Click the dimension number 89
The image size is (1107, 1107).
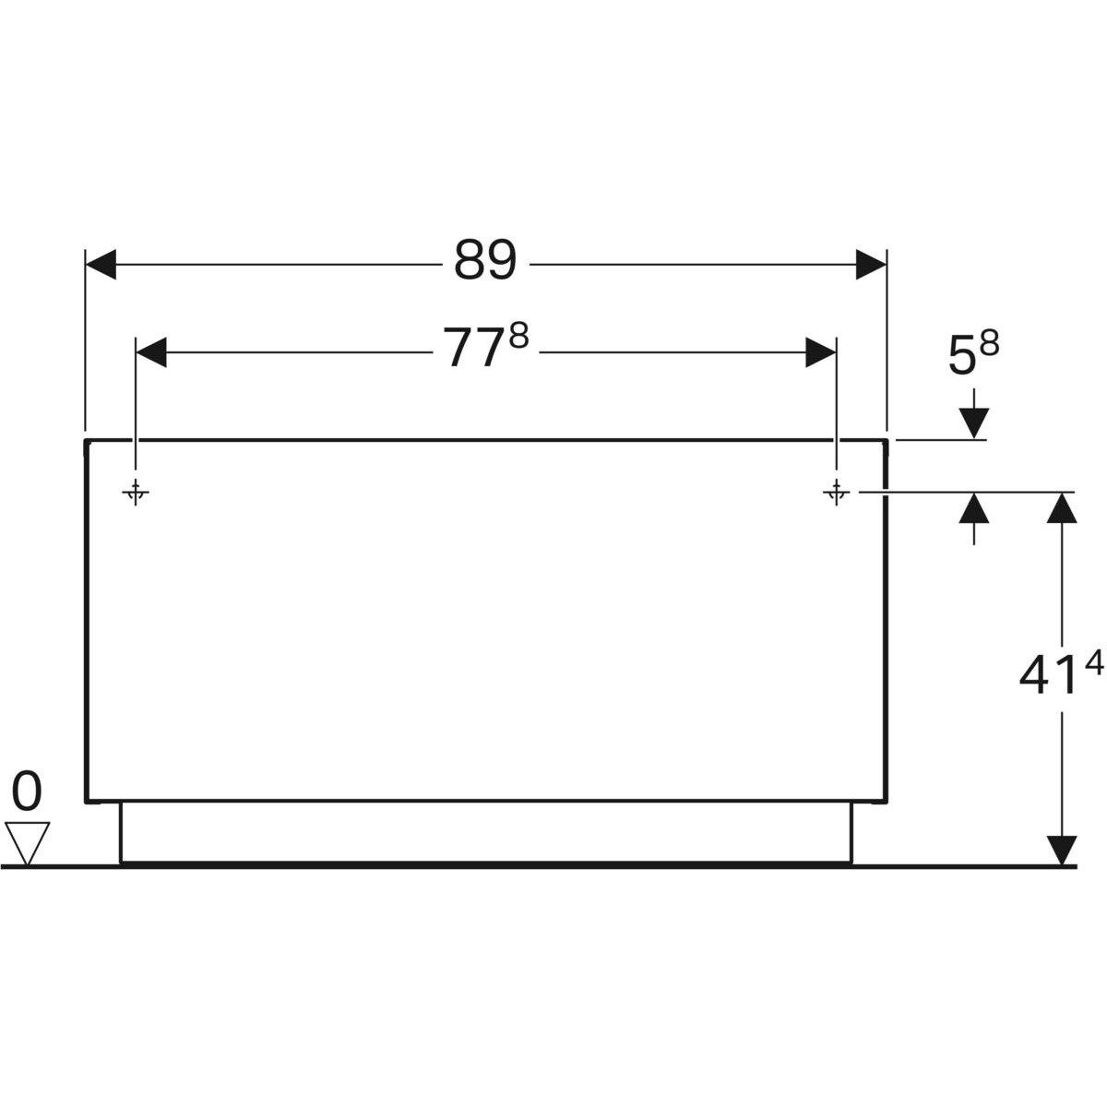[484, 262]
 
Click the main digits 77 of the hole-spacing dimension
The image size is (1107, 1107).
[473, 350]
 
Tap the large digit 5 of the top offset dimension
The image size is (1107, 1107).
[961, 358]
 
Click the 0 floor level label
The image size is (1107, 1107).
[28, 792]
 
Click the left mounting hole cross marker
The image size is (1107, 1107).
[136, 494]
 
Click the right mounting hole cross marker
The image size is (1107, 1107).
[837, 494]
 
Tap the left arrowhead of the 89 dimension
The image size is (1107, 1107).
[101, 264]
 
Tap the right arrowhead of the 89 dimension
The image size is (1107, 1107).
[870, 264]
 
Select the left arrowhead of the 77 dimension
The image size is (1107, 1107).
[151, 351]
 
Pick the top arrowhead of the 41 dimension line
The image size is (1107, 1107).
[1063, 508]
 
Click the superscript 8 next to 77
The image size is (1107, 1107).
[518, 337]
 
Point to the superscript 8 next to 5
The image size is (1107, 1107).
[989, 344]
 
